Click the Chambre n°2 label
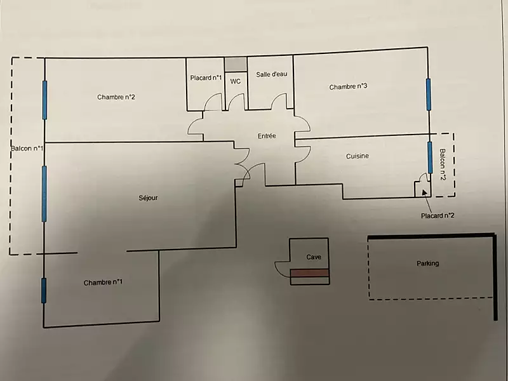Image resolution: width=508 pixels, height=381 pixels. coord(116,97)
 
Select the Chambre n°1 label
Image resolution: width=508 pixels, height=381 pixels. coord(103,283)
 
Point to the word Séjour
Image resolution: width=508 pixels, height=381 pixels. coord(148,197)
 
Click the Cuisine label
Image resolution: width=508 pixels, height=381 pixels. coord(358,156)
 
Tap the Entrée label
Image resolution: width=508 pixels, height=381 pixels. coord(266,136)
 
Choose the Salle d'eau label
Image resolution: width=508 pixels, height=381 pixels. coord(272,74)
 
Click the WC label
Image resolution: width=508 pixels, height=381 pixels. coord(235,81)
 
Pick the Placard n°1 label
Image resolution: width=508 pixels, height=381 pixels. coord(206,78)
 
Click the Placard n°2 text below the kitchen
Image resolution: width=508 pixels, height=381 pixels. coord(438,215)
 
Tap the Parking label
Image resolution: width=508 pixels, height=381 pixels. coord(427,263)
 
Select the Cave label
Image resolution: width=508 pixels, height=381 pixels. coord(314,257)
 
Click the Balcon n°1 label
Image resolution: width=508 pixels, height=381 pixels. coord(27,149)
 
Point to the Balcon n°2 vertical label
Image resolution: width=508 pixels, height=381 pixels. coord(443,164)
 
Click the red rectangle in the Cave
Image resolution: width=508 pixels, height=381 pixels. coord(310,272)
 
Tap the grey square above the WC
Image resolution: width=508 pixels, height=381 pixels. coord(236,64)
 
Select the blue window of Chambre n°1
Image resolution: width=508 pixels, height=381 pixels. coord(44,290)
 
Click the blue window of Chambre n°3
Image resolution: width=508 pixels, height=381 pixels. coord(429,93)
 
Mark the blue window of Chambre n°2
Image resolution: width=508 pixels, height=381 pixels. coord(44,100)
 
